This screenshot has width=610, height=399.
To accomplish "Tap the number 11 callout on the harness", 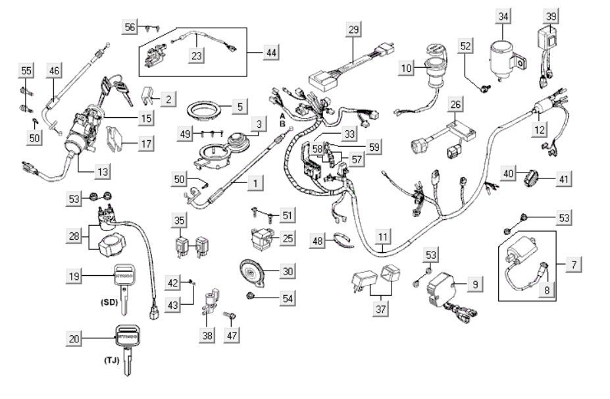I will [382, 235].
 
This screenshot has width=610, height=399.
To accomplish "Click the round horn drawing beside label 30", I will [253, 270].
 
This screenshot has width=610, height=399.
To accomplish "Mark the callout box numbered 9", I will [473, 284].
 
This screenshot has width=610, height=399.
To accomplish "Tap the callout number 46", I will [54, 70].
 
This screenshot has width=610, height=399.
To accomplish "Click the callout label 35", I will [180, 220].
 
